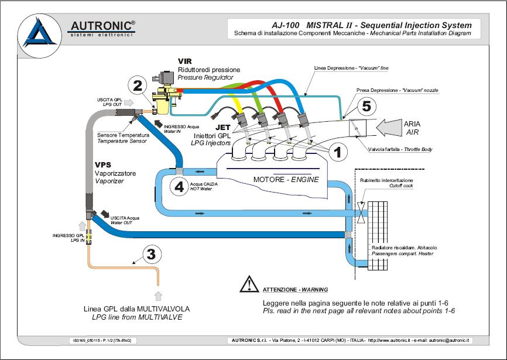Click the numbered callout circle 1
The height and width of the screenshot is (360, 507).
pyautogui.click(x=337, y=152)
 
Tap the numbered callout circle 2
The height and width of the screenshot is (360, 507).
pyautogui.click(x=138, y=85)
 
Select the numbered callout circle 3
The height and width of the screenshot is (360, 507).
pyautogui.click(x=151, y=254)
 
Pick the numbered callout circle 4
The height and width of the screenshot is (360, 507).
pyautogui.click(x=179, y=186)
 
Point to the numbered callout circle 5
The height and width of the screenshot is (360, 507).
pyautogui.click(x=365, y=107)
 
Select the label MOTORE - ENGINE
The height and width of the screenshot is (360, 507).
pyautogui.click(x=286, y=179)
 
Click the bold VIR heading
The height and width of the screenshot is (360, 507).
pyautogui.click(x=185, y=61)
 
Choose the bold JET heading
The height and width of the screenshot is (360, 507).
pyautogui.click(x=223, y=126)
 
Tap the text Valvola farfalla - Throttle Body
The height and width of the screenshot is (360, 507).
pyautogui.click(x=402, y=150)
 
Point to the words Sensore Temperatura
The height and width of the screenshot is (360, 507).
pyautogui.click(x=124, y=135)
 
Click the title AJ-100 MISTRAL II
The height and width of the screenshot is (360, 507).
pyautogui.click(x=313, y=25)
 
